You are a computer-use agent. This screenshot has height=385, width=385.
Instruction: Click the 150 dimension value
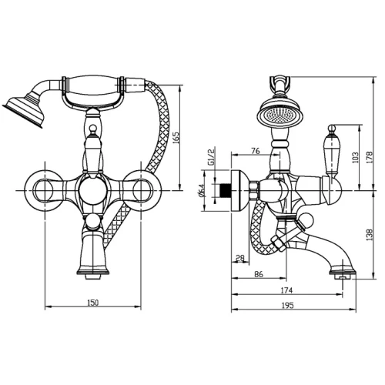coord(93,303)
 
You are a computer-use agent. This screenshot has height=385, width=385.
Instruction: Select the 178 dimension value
coord(369,157)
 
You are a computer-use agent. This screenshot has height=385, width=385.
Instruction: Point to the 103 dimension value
coord(355,158)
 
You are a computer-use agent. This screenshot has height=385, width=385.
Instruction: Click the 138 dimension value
coord(369,235)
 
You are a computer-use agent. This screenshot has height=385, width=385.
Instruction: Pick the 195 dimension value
coord(287,306)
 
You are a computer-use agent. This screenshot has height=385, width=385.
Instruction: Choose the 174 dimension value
coord(286,290)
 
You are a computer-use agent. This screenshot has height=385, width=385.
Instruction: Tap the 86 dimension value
coord(259,274)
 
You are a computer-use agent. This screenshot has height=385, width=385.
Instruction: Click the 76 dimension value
coord(256,151)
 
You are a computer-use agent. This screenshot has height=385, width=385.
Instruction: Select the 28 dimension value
coord(240,258)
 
